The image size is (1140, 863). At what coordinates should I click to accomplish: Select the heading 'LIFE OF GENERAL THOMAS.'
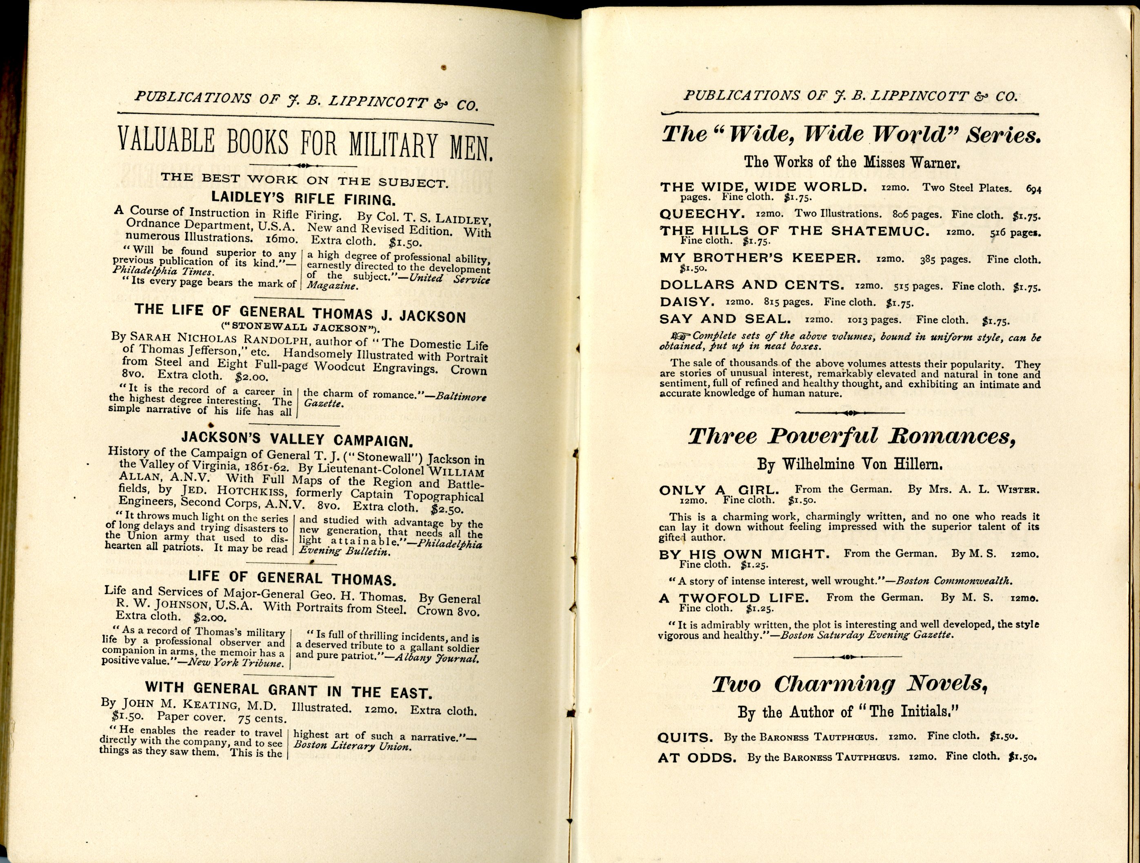coord(292,579)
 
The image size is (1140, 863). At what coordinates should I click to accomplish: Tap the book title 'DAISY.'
coord(687,302)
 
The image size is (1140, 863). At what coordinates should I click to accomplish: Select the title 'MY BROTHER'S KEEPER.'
coord(760,259)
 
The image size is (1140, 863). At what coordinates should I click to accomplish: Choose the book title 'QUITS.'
coord(685,738)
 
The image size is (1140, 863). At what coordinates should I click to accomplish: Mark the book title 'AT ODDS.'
coord(697,758)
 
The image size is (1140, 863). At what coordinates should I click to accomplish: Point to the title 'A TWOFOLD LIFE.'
coord(733,598)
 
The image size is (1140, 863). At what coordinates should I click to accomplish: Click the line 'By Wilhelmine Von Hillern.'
coord(850,465)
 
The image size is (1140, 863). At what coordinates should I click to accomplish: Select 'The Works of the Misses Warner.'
coord(851,162)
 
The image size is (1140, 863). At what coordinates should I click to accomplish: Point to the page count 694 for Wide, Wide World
coord(1033,189)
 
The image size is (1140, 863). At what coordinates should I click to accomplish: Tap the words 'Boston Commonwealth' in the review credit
coord(953,581)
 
